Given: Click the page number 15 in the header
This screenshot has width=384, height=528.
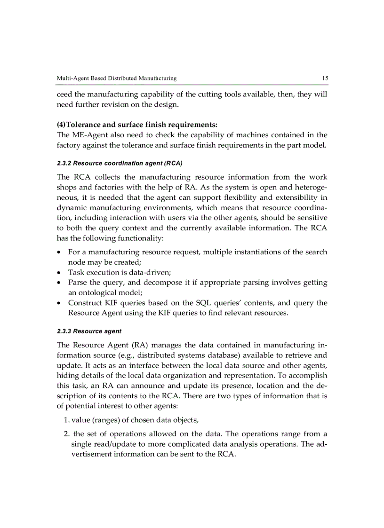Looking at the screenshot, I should pyautogui.click(x=325, y=78).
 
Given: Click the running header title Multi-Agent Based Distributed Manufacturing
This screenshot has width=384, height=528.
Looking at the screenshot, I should pyautogui.click(x=116, y=78).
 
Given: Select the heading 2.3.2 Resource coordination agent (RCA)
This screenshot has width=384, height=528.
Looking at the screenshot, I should pyautogui.click(x=120, y=163).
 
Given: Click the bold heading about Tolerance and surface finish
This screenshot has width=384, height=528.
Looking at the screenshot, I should pyautogui.click(x=137, y=125).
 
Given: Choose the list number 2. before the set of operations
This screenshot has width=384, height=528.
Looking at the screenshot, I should pyautogui.click(x=66, y=434).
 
